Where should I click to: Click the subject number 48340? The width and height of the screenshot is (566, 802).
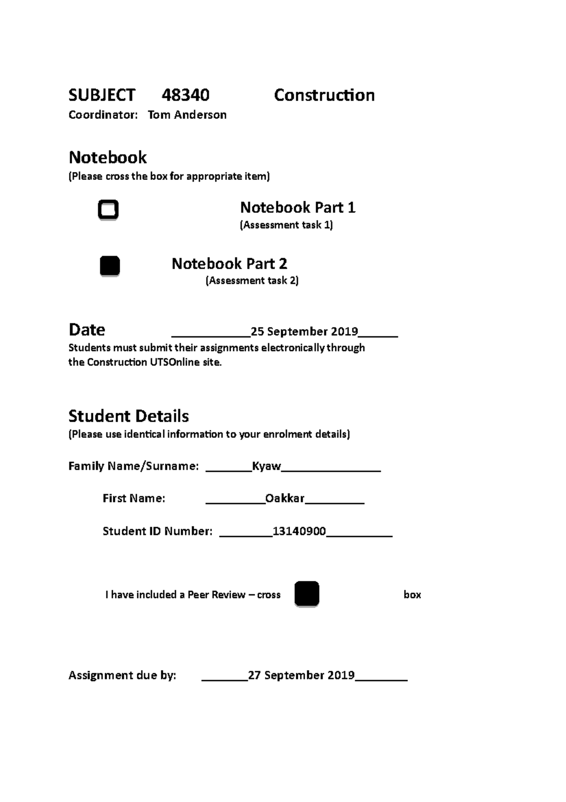click(x=185, y=95)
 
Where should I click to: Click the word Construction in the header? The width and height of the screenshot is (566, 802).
click(x=324, y=95)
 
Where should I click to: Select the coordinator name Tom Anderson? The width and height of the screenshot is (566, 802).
click(x=187, y=115)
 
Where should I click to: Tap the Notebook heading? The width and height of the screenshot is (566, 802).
click(x=108, y=157)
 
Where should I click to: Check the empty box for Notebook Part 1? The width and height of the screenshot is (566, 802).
click(x=108, y=210)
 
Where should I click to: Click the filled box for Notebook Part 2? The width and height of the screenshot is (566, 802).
click(x=110, y=266)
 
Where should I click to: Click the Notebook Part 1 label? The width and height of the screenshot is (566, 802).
click(x=298, y=207)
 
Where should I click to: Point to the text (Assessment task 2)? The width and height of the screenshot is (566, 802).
click(x=252, y=281)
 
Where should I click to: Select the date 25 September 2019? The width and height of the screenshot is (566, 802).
click(x=304, y=332)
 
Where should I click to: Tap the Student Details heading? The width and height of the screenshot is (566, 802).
click(x=128, y=416)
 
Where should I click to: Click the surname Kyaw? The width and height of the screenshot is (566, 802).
click(x=266, y=466)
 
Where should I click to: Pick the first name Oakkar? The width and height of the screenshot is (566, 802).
click(x=285, y=498)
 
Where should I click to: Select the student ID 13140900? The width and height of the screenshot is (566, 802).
click(x=299, y=531)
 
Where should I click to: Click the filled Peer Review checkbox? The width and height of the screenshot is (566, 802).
click(x=307, y=594)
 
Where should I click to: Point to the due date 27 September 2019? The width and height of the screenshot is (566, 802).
click(x=301, y=675)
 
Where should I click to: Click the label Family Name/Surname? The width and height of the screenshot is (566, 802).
click(x=133, y=466)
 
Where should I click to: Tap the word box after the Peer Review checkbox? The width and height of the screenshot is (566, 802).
click(x=412, y=595)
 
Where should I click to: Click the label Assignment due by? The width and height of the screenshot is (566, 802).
click(x=122, y=675)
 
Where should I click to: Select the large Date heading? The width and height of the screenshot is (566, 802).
click(x=87, y=330)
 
